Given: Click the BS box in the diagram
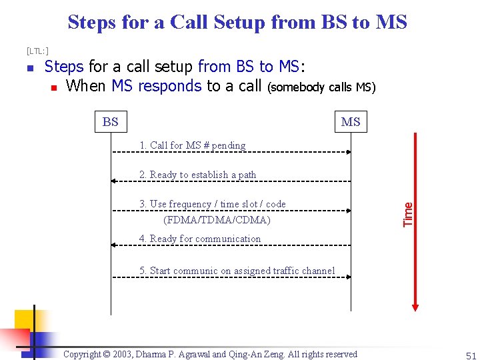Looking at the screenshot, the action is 111,121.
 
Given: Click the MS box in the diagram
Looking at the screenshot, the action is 350,121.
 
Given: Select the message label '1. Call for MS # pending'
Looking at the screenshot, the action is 192,145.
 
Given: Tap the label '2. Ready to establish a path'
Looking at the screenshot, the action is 197,175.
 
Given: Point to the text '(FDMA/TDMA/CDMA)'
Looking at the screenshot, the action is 217,220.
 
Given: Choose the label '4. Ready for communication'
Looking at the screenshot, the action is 200,239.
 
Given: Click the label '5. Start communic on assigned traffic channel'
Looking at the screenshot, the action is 237,271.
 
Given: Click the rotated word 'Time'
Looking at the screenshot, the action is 408,213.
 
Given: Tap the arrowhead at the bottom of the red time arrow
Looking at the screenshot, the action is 415,307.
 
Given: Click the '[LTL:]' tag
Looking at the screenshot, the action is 37,51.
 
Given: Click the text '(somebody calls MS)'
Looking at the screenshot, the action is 321,87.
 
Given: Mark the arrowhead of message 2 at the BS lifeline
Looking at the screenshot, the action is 114,181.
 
